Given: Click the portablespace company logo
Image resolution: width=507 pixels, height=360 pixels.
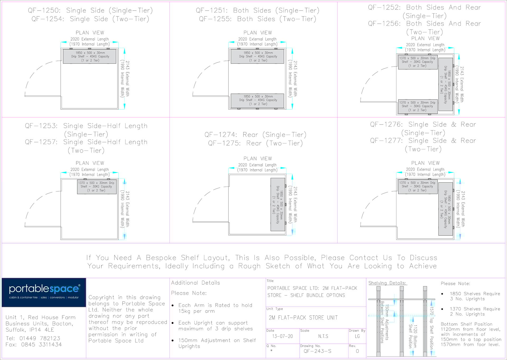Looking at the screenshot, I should [44, 292].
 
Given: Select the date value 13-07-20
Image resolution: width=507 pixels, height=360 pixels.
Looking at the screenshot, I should [283, 336].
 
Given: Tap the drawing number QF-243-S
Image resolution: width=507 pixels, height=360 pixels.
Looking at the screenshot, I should [317, 351].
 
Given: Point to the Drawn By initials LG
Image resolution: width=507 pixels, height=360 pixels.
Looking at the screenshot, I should [357, 336].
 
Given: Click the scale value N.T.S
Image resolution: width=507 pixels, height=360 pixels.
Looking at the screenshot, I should [323, 336].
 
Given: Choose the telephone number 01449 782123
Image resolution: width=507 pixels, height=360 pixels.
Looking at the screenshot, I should [40, 338].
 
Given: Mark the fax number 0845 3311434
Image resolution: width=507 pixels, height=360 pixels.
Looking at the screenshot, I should [41, 344].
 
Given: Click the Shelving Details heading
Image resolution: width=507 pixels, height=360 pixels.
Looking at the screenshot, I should [387, 283].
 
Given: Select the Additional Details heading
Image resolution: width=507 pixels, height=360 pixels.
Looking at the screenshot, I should [195, 283].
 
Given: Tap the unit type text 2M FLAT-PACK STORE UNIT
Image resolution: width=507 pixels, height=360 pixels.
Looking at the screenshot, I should [303, 317].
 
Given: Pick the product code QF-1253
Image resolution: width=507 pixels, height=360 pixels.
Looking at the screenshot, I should [41, 126].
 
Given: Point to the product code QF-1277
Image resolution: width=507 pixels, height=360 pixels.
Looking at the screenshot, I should [386, 141].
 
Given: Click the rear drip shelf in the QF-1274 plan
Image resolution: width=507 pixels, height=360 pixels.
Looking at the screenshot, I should [278, 204].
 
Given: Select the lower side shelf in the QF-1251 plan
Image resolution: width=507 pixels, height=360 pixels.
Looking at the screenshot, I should [258, 100].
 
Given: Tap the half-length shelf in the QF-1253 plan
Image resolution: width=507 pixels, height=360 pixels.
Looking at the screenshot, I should [97, 187].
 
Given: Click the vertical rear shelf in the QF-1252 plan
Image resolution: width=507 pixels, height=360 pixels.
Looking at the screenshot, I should [445, 84].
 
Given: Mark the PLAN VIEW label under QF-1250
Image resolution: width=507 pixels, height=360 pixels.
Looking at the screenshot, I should [90, 33].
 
